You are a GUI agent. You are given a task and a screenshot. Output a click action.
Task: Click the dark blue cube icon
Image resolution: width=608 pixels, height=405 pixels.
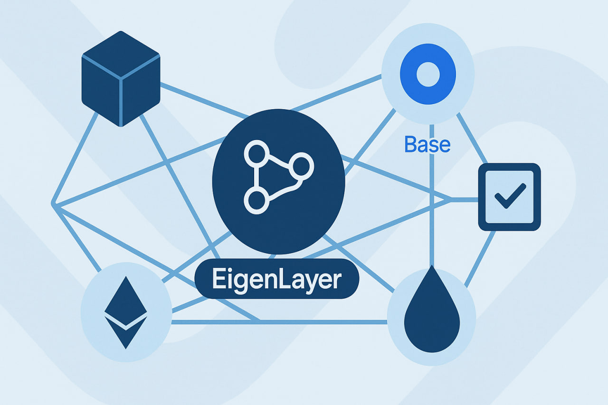coord(121,79)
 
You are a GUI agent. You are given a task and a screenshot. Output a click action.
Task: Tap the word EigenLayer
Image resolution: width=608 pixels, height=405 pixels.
coord(276,279)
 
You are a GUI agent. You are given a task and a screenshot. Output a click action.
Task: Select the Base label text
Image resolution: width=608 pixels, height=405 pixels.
coord(427,144)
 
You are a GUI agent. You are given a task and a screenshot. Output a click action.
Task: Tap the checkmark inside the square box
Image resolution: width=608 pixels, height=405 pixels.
coord(510,196)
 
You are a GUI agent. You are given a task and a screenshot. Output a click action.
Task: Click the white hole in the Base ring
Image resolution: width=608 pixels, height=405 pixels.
coord(428,75)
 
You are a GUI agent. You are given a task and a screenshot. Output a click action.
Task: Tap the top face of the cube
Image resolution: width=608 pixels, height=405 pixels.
coord(121,54)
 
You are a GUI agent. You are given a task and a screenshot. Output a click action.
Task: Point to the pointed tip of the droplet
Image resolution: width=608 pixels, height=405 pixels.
coord(432,268)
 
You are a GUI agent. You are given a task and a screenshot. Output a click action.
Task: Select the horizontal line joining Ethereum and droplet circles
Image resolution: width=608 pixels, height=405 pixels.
coord(280,322)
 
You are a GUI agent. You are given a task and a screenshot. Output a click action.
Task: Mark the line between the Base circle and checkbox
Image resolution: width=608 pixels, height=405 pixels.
coord(473,138)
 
